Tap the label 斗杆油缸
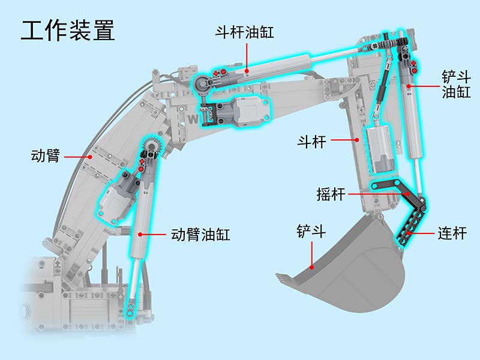coord(244,32)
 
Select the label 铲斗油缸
coord(456,84)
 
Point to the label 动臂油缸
coord(200,235)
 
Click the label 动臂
coord(45,155)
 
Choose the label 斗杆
coord(311,142)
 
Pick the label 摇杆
coord(331,194)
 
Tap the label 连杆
coord(452,233)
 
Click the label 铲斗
coord(311,231)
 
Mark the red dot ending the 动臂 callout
coord(90,157)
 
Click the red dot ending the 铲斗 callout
coord(311,267)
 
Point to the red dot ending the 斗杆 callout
coord(357,140)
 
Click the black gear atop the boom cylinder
coord(152,146)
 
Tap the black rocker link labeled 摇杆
coord(398,193)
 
